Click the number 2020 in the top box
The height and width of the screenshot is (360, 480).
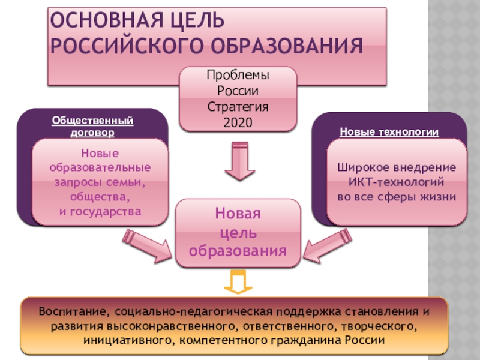(x=238, y=122)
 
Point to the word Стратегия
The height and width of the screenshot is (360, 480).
(x=238, y=107)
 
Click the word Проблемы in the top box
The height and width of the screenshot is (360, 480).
(x=238, y=77)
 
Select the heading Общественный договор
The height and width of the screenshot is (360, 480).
(x=92, y=125)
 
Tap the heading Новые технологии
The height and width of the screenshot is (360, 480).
(x=389, y=132)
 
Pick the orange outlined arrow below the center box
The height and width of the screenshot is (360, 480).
(x=238, y=281)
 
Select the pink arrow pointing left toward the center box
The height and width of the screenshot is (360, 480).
(x=329, y=247)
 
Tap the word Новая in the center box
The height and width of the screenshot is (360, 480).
(x=238, y=214)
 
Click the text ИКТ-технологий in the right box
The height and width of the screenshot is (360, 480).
(x=396, y=182)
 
